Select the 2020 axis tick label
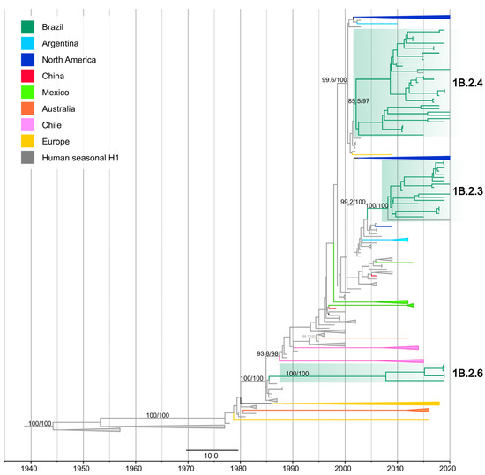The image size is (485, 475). [x=450, y=466]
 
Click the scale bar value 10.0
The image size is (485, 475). [x=213, y=456]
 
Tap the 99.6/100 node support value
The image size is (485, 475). [x=338, y=81]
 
